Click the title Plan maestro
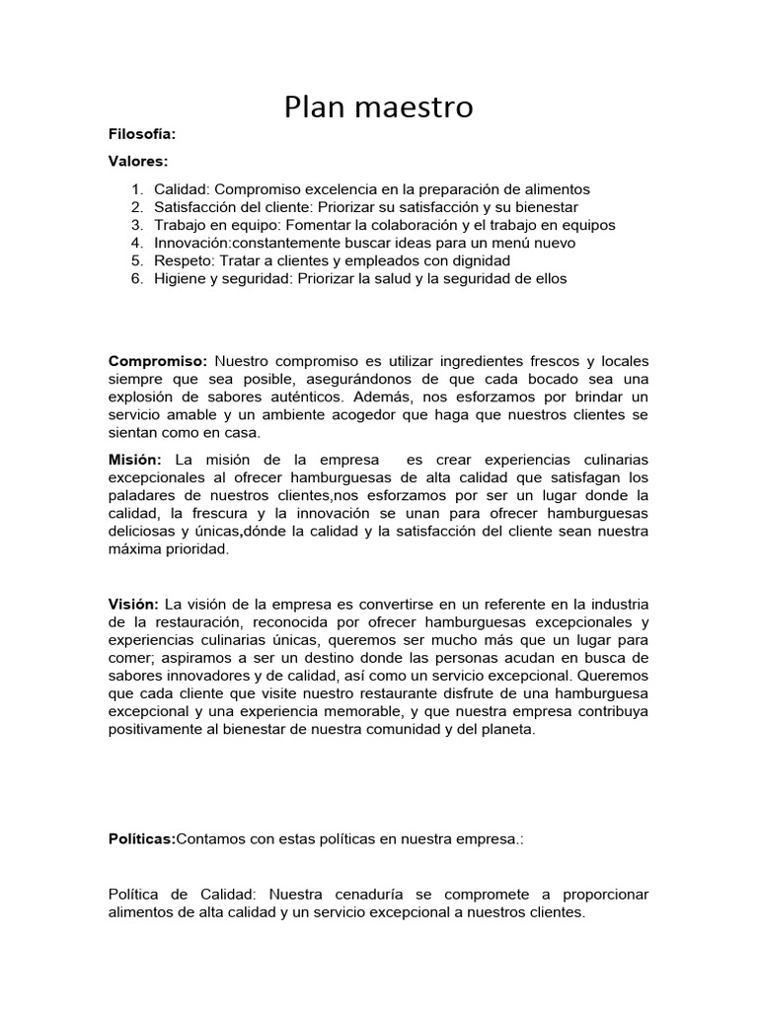(x=379, y=107)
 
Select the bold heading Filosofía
(x=141, y=134)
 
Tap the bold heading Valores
(x=138, y=160)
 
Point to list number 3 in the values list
(x=138, y=225)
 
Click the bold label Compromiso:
(x=157, y=361)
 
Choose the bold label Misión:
(x=135, y=460)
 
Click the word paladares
(x=140, y=495)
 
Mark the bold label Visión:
(x=133, y=604)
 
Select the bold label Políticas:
(x=141, y=838)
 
